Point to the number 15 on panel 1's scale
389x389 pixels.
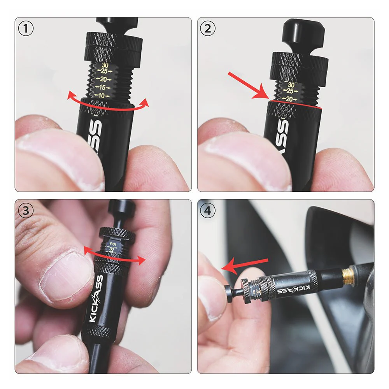click(x=103, y=87)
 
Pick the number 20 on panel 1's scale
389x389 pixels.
click(x=103, y=79)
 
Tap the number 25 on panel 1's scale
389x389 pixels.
click(x=104, y=71)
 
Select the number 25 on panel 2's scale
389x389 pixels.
click(x=290, y=91)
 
